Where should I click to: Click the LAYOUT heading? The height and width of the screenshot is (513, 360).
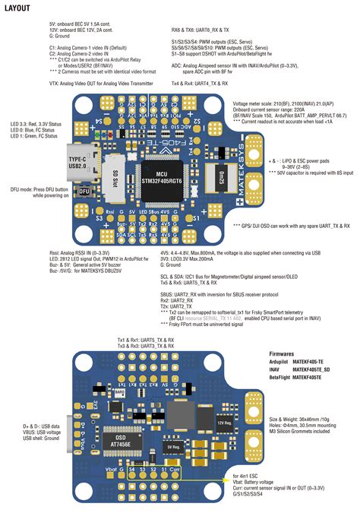click(x=17, y=8)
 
